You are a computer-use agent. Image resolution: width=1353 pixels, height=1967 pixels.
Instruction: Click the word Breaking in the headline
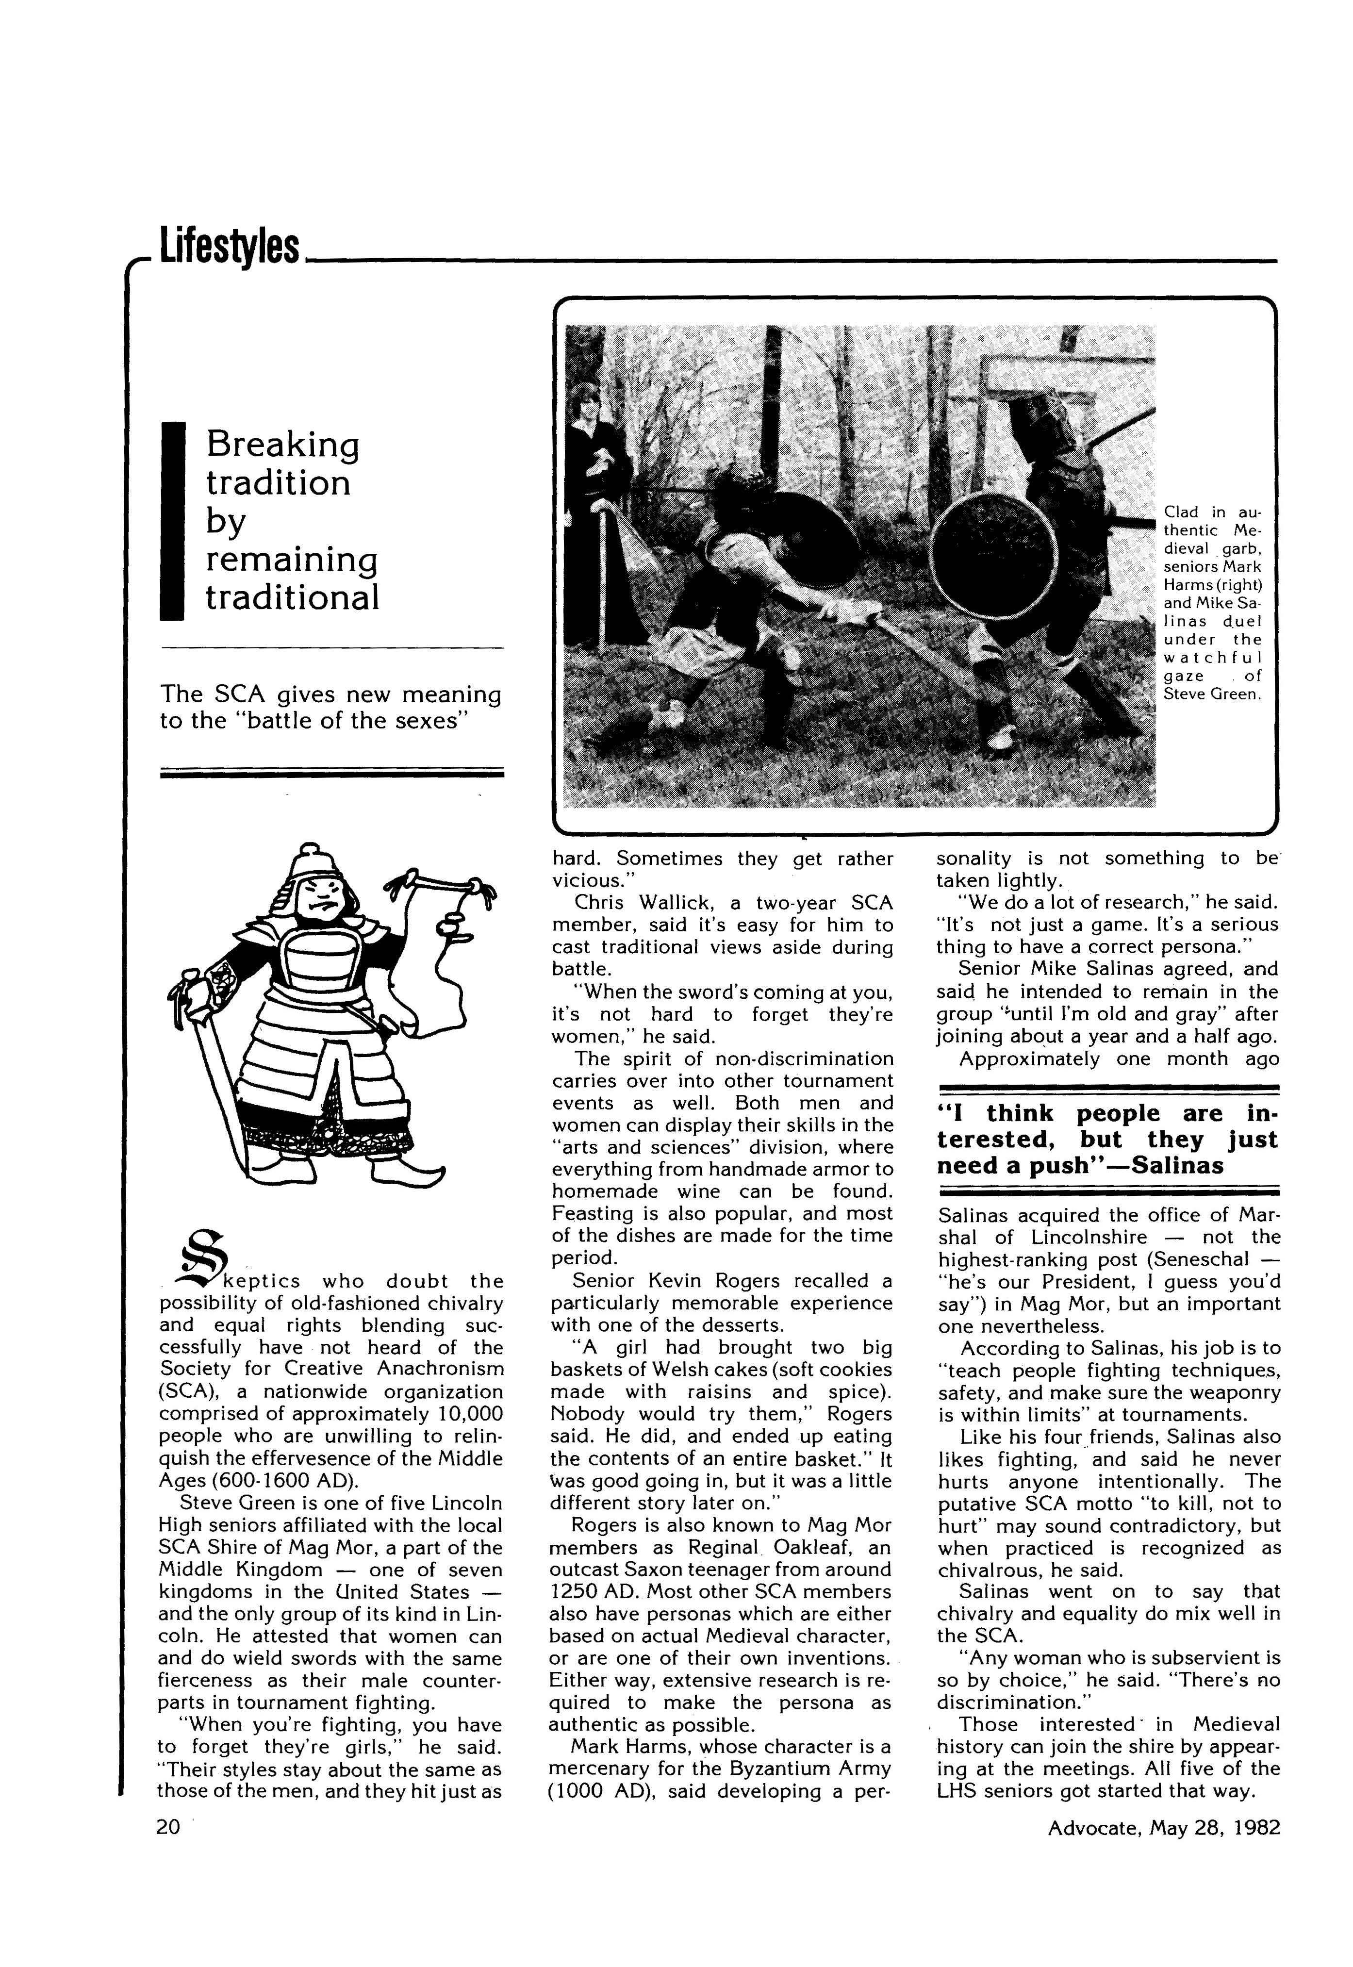coord(282,444)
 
